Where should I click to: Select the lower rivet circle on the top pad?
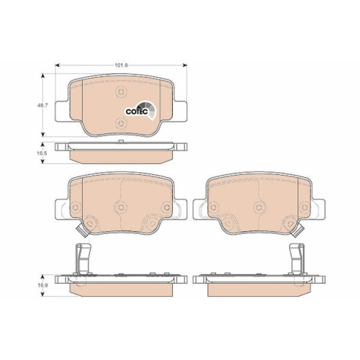pos(121,123)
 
